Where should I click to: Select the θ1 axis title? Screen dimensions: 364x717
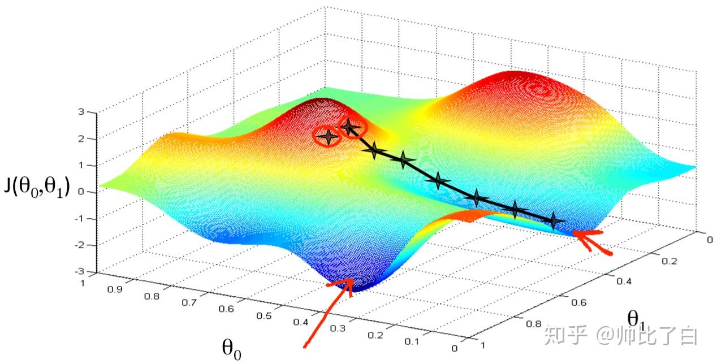[x=638, y=318]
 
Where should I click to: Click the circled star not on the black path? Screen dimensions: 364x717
[x=327, y=136]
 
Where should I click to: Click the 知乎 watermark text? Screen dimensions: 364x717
[x=562, y=336]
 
